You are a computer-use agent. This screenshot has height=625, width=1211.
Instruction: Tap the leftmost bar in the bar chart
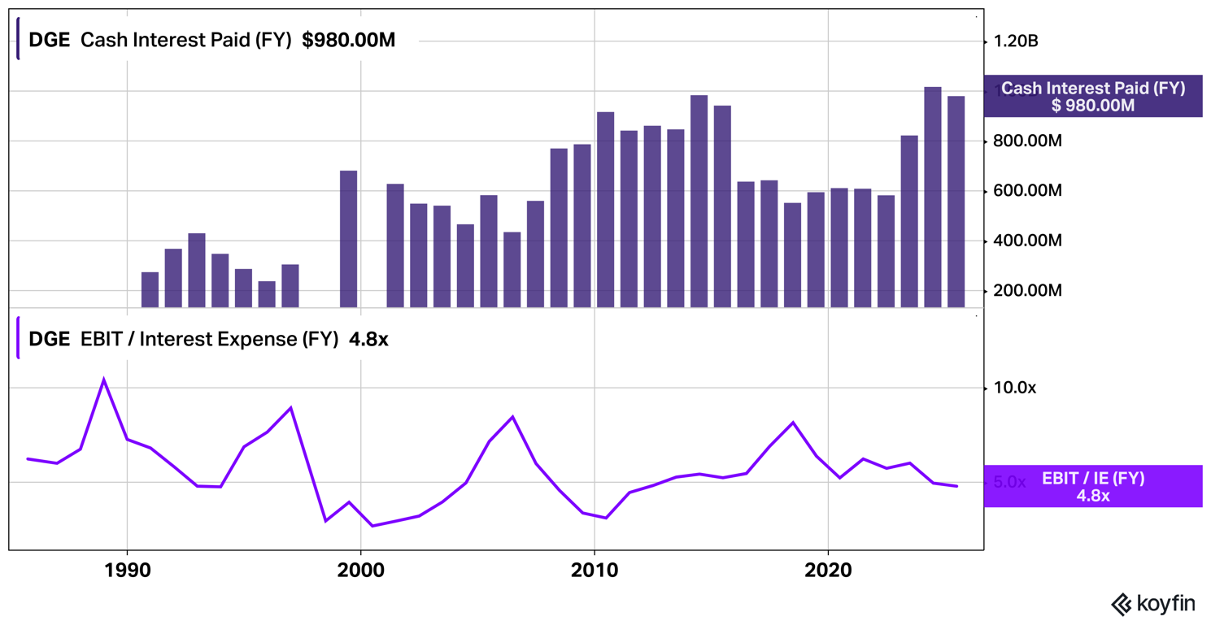150,289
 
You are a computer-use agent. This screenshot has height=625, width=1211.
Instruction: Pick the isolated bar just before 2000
348,239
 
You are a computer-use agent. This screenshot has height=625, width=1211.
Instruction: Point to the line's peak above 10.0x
103,380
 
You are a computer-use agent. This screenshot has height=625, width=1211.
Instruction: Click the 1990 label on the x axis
127,571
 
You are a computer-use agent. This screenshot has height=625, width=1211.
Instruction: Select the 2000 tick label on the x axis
360,571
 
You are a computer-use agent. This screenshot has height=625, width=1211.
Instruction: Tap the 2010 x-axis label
595,571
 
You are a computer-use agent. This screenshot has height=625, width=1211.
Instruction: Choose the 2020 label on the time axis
828,571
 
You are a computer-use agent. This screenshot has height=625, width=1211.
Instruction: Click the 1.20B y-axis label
1016,41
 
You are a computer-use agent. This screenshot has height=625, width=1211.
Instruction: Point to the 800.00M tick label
1027,141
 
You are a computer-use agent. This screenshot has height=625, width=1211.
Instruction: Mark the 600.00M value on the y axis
1027,192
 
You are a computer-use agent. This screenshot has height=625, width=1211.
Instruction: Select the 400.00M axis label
1027,241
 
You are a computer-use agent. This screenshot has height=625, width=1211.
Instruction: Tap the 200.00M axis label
1027,291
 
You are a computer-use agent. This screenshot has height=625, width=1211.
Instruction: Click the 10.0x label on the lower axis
1014,388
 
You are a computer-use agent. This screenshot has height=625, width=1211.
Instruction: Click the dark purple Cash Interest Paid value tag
1092,96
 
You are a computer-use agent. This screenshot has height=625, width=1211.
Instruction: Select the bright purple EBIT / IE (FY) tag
1092,486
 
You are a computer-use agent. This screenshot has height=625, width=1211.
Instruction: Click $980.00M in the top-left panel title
348,41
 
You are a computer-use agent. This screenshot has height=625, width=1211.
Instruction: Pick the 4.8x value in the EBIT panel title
368,340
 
